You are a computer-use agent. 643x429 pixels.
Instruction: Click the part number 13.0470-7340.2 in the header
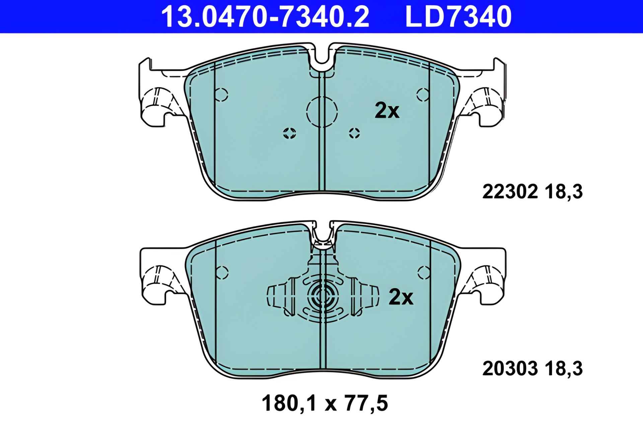coord(265,17)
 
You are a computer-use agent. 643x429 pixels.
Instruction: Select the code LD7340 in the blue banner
coord(458,17)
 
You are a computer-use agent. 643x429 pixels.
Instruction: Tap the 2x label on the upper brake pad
coord(387,110)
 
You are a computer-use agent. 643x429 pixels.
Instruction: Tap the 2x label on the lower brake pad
coord(401,297)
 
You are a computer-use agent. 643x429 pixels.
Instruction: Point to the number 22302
coord(510,192)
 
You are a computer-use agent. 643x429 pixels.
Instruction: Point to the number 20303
coord(510,368)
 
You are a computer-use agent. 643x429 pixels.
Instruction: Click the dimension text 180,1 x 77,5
coord(325,403)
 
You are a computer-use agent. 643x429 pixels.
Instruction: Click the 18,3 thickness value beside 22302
coord(564,192)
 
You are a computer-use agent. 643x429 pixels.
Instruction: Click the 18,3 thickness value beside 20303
coord(564,368)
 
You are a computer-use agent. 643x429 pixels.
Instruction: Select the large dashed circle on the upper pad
coord(322,112)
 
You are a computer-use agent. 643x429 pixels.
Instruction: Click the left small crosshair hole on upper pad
coord(289,133)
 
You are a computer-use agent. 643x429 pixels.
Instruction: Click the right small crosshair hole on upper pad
coord(354,133)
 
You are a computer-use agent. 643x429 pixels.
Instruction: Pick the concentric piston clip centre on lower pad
coord(322,296)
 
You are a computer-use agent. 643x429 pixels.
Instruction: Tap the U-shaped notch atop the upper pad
coord(322,57)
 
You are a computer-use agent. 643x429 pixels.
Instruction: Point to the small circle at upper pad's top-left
coord(221,95)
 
